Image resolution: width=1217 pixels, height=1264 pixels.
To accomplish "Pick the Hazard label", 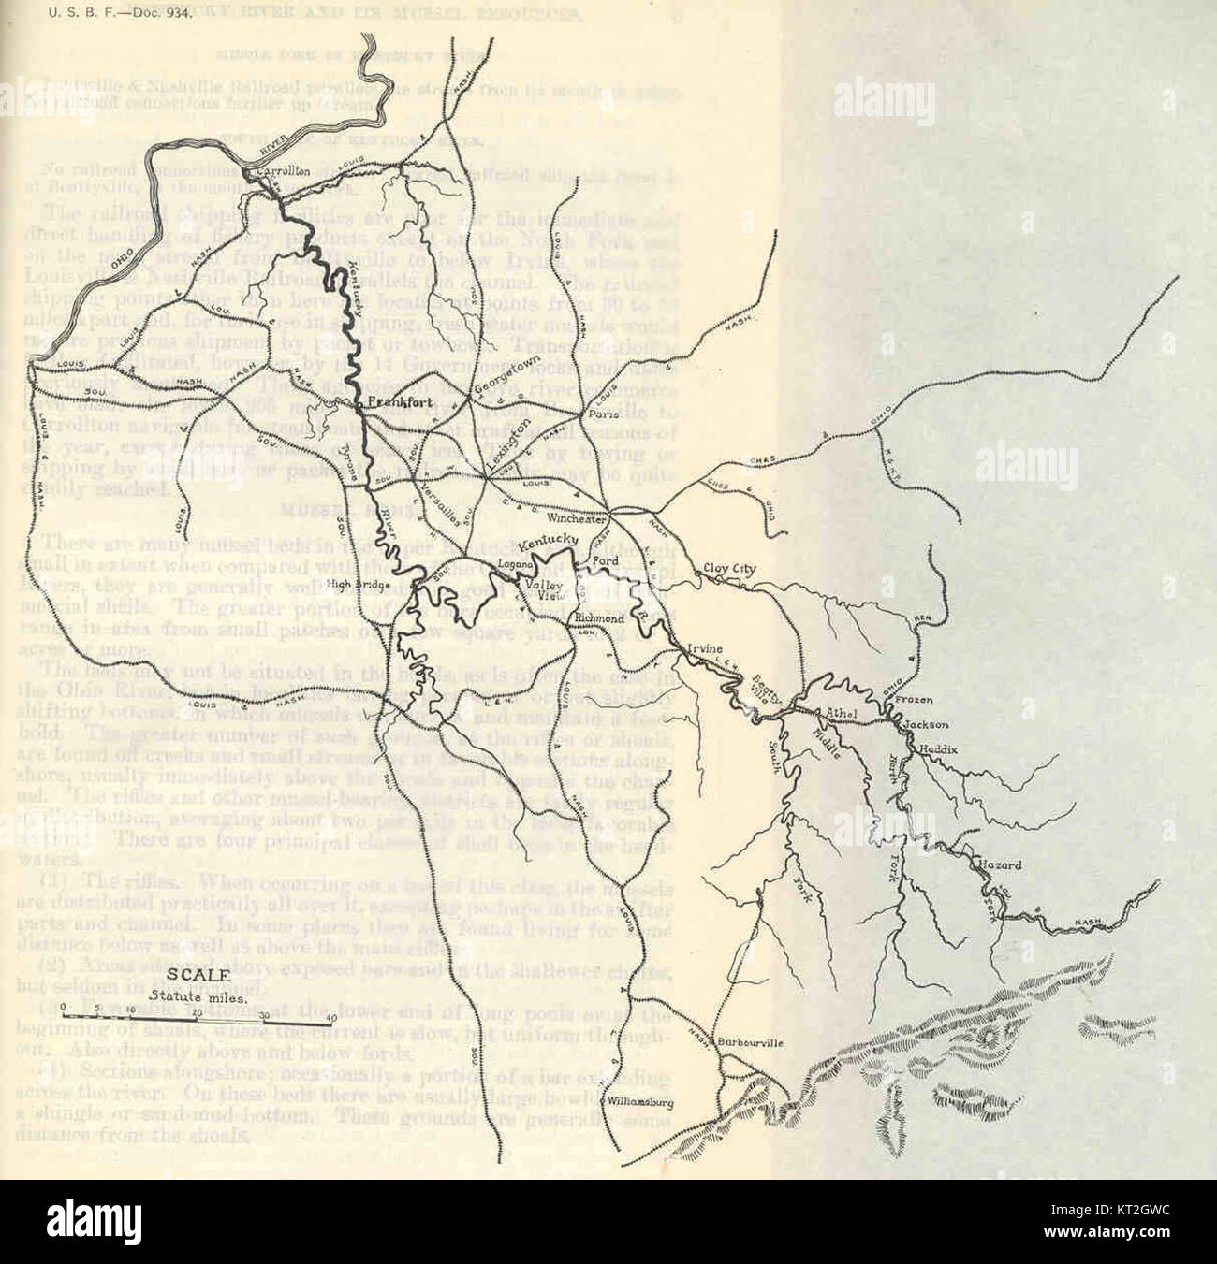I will click(999, 865).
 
